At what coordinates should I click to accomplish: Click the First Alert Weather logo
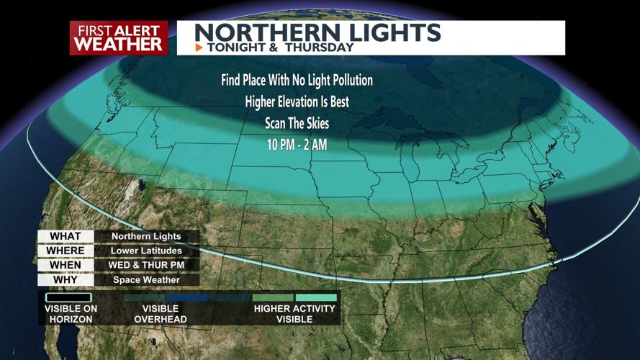click(x=119, y=37)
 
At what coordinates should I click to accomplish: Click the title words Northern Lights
click(x=317, y=32)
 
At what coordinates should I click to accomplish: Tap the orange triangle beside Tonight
click(x=199, y=48)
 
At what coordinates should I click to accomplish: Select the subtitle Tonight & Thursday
click(x=280, y=48)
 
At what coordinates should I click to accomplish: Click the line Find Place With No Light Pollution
click(x=297, y=80)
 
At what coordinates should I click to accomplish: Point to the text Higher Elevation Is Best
click(x=297, y=102)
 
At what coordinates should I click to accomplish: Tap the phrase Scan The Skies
click(x=297, y=122)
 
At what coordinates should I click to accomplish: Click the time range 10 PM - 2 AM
click(x=297, y=144)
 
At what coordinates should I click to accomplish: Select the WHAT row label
click(x=65, y=236)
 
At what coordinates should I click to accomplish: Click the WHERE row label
click(x=65, y=251)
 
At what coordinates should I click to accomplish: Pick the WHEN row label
click(x=65, y=265)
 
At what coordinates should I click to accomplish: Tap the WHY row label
click(x=65, y=279)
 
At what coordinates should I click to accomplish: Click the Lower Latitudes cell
click(x=146, y=251)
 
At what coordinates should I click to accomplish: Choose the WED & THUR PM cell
click(x=146, y=265)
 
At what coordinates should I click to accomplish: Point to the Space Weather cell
click(x=146, y=279)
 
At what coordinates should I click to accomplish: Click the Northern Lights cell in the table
click(x=146, y=236)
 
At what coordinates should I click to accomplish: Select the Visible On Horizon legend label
click(x=70, y=313)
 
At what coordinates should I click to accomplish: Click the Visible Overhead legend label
click(x=160, y=313)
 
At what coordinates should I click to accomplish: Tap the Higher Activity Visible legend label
click(x=294, y=313)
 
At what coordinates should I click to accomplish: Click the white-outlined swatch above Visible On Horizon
click(x=69, y=297)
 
